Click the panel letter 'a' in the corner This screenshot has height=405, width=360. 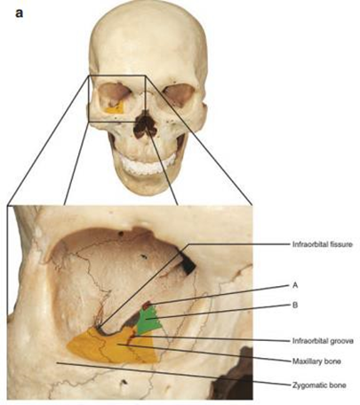tap(19, 13)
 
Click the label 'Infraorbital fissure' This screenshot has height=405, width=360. tap(323, 244)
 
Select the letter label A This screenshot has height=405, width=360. tap(295, 285)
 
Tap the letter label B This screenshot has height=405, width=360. tap(295, 305)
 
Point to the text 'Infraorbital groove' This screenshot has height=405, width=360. tap(323, 341)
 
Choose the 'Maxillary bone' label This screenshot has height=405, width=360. tap(316, 361)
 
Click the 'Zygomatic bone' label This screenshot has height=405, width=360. tap(319, 385)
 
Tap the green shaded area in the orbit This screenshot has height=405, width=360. tap(149, 321)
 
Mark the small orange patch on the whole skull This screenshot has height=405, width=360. tap(115, 108)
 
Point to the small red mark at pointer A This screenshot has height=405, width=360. tap(147, 305)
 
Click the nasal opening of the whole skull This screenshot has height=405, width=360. tap(144, 125)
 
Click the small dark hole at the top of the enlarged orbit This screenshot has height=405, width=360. tap(121, 234)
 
